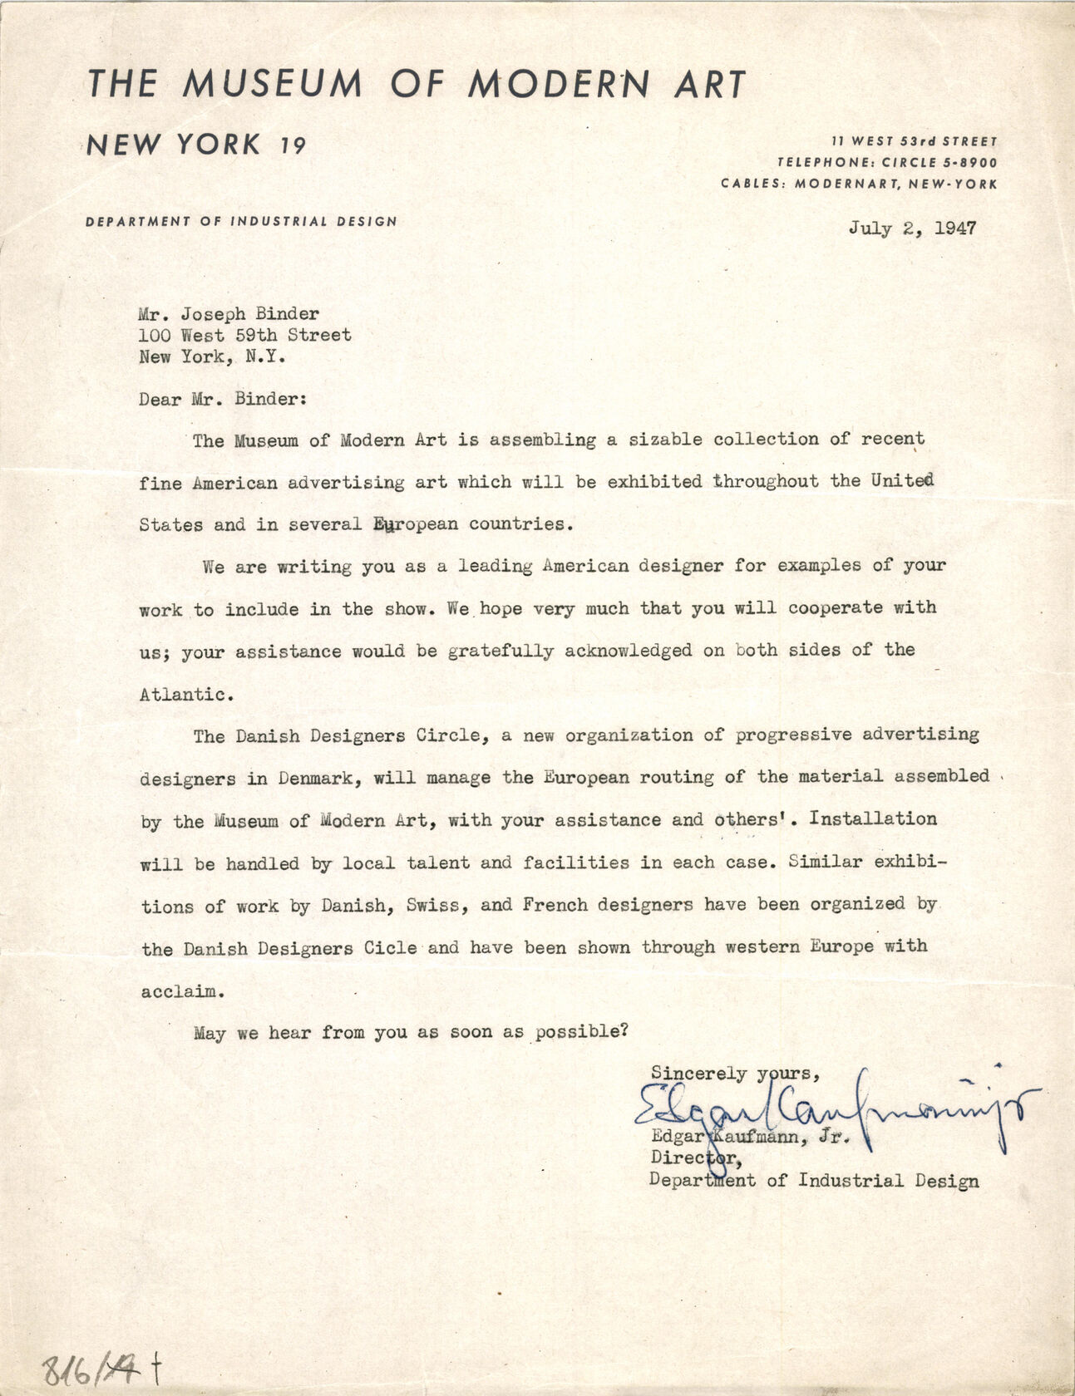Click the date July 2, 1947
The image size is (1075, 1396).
912,229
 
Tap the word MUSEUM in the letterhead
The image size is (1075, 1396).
273,84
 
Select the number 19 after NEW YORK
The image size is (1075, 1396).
292,147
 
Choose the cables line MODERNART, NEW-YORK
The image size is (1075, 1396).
895,184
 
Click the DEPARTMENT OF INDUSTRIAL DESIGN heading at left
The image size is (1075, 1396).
241,221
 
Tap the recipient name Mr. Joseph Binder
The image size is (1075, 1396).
229,314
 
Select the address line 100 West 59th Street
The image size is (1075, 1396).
245,336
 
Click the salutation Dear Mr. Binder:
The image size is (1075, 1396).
224,399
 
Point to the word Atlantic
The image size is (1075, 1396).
182,695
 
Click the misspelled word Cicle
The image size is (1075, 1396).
391,947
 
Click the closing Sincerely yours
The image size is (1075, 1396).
735,1074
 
